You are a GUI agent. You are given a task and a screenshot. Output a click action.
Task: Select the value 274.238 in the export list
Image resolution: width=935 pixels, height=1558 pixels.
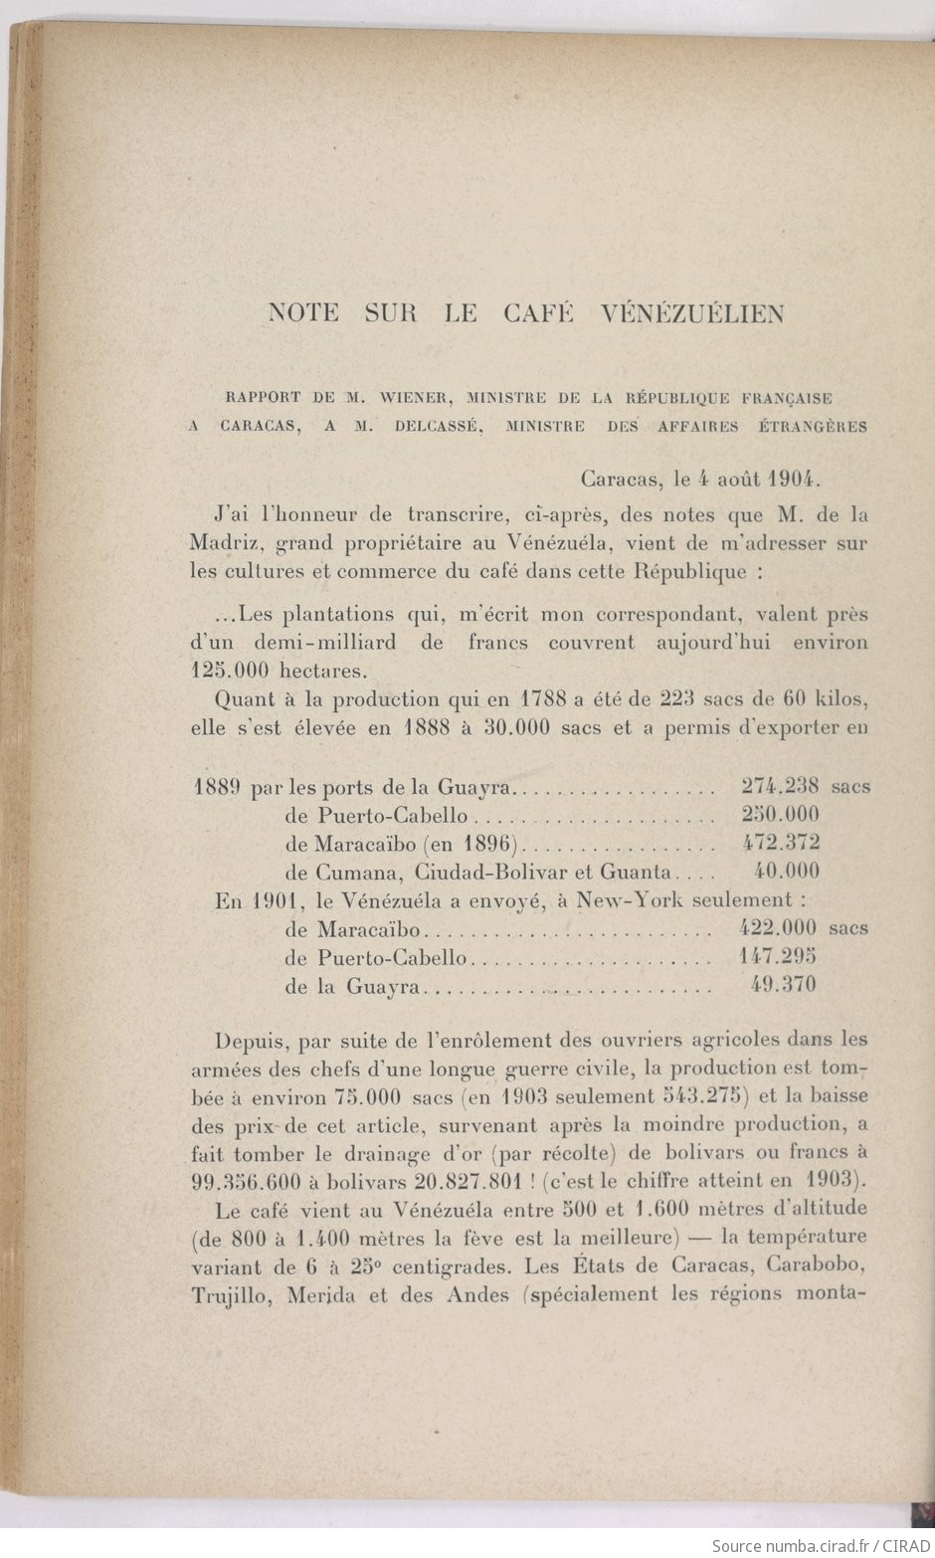780,786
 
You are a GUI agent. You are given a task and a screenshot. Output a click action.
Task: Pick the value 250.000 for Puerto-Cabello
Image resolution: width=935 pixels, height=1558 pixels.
780,814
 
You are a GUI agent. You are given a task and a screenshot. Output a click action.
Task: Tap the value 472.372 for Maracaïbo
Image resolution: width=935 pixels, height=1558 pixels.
780,843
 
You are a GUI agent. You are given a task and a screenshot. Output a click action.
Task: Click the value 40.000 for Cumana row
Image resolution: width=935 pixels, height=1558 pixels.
787,871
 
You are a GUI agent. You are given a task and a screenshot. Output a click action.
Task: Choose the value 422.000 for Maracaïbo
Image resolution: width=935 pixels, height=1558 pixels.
779,928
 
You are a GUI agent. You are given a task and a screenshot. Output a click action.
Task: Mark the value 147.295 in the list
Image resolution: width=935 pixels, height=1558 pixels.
779,956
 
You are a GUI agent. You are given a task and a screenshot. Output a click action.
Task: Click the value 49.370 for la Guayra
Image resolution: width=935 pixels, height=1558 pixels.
785,985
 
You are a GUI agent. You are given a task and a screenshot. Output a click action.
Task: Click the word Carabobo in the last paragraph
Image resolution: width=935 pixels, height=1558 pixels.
818,1266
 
